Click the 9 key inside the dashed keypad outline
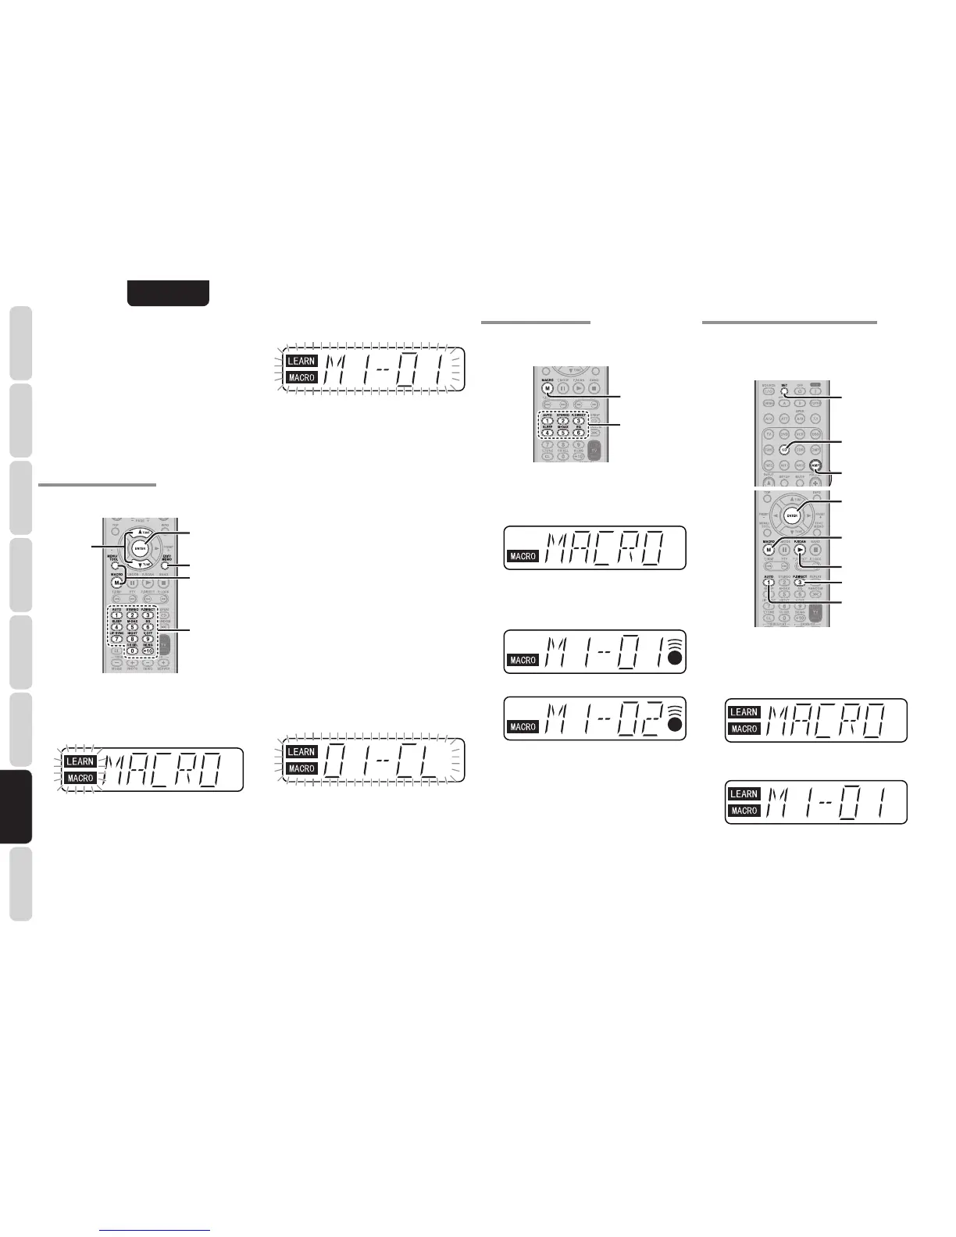148,640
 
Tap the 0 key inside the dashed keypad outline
132,651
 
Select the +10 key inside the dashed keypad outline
148,651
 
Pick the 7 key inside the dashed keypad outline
116,640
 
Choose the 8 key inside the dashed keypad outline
132,640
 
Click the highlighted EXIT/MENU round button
166,565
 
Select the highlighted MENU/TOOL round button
115,565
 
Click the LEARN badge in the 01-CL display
301,752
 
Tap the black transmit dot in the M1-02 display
675,725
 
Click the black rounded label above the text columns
168,293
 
